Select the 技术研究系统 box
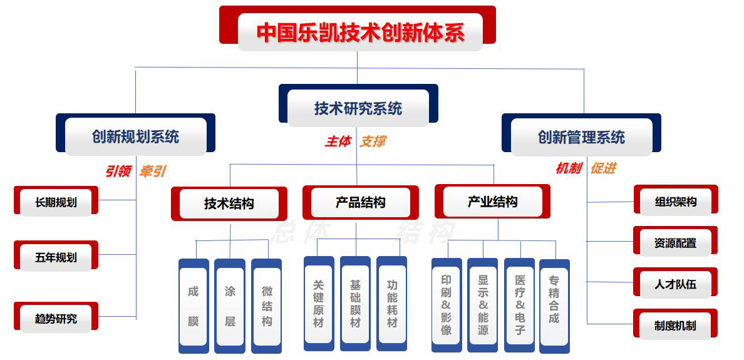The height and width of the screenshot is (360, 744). [x=358, y=108]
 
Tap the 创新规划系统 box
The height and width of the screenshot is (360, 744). [x=135, y=136]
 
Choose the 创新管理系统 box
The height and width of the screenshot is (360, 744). [x=581, y=136]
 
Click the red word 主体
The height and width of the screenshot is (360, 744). [x=338, y=141]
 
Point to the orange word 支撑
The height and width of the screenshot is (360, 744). [x=372, y=141]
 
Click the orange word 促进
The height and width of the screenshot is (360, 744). [x=603, y=168]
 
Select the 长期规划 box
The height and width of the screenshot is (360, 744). [x=56, y=202]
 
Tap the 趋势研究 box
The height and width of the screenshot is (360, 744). [x=56, y=318]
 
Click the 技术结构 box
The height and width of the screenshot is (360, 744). [x=229, y=203]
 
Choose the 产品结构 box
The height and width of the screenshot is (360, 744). [x=360, y=202]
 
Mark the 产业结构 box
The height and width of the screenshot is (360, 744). [x=492, y=202]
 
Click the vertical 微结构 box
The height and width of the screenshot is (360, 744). [x=267, y=306]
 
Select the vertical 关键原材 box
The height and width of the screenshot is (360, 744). [x=319, y=304]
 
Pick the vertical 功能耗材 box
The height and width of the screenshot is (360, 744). [x=392, y=304]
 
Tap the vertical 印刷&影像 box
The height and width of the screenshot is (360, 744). [x=447, y=306]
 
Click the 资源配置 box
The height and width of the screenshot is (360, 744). [x=675, y=242]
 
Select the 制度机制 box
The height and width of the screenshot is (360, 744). [x=675, y=325]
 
